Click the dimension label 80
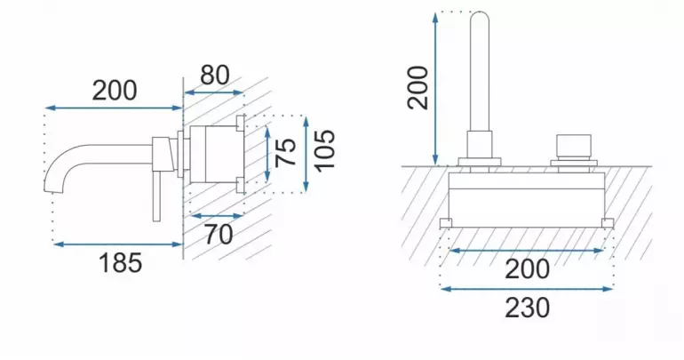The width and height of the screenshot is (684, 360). click(x=215, y=76)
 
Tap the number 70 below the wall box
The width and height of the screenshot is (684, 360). click(x=219, y=235)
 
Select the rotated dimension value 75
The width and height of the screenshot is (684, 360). click(x=287, y=152)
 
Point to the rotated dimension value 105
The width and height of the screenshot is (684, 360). click(x=325, y=151)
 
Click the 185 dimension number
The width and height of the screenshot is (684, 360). click(x=121, y=263)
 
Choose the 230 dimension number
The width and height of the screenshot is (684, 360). click(x=528, y=308)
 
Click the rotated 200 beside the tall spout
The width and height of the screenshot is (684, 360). click(x=418, y=87)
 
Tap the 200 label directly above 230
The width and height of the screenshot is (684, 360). click(x=528, y=269)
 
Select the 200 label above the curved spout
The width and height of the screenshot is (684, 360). click(x=115, y=91)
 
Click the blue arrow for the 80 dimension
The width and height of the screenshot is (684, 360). click(x=214, y=92)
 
